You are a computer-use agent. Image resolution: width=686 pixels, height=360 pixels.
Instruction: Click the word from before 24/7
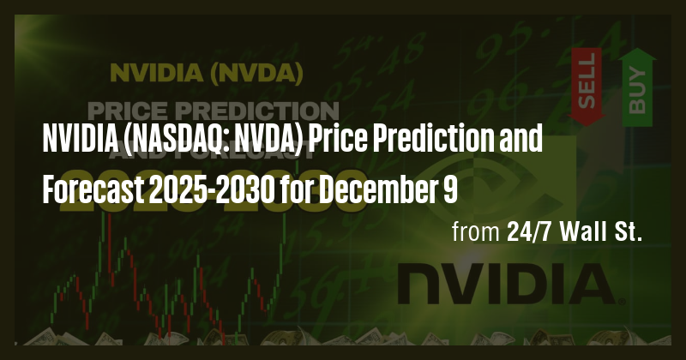[472, 233]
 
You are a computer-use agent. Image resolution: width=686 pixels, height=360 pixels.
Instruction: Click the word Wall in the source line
[581, 233]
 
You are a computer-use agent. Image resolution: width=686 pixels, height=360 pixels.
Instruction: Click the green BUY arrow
[637, 86]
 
